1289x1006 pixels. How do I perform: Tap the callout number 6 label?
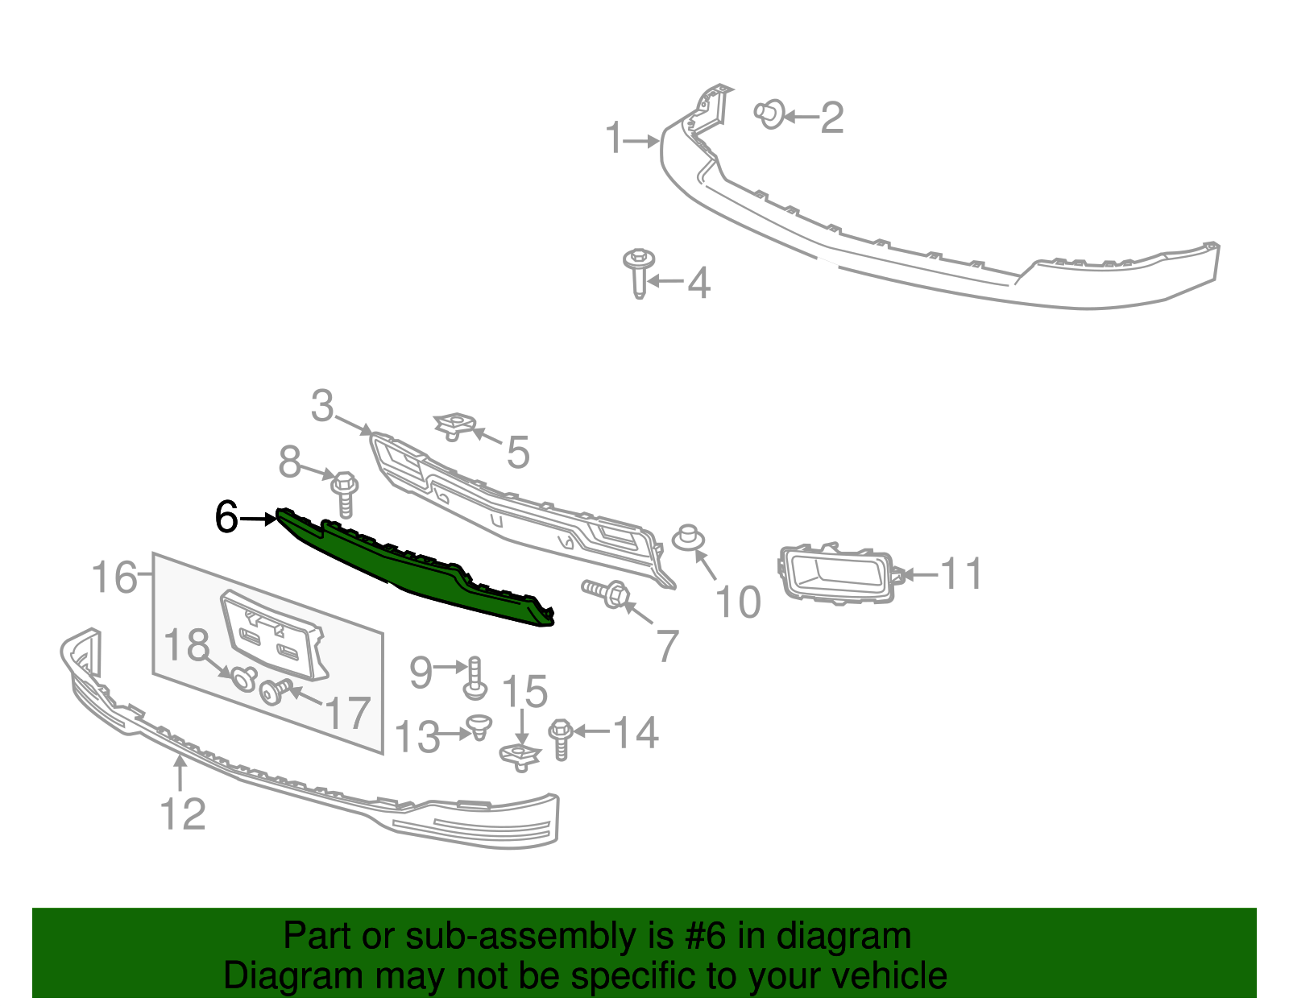226,517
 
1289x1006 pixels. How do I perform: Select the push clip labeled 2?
771,114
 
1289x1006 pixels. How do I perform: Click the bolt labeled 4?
639,272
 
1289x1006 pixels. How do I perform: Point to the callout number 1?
615,139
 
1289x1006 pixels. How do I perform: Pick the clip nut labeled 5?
454,425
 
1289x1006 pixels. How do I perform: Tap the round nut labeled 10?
686,537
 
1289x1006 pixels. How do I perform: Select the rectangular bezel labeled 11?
836,573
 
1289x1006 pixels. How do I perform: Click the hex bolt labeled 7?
607,594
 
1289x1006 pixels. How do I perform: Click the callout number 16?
114,577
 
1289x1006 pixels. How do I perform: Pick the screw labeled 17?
276,691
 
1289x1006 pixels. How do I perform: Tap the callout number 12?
184,813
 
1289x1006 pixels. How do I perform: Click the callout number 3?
322,406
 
